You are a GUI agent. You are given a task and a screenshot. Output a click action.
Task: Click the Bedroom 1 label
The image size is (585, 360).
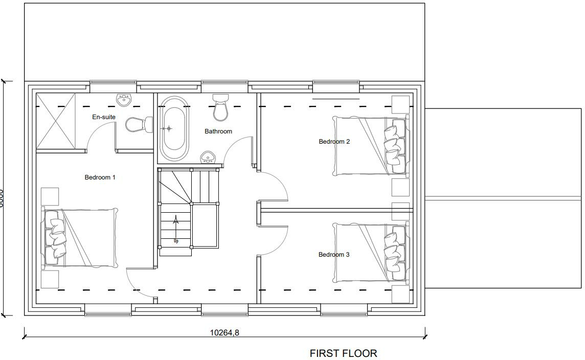(100, 177)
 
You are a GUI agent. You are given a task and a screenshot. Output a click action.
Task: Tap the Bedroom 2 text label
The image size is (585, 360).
(334, 142)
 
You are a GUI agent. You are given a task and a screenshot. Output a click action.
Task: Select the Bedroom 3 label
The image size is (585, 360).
(334, 255)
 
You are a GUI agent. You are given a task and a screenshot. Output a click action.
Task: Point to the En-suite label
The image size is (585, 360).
(104, 117)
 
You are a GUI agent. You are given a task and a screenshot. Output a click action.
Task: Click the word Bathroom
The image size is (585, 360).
(218, 131)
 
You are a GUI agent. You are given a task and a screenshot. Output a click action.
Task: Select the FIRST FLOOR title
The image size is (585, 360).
(343, 353)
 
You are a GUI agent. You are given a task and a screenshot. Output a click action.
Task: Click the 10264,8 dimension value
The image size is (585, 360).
(224, 332)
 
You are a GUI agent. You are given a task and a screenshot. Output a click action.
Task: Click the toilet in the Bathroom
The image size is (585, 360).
(221, 106)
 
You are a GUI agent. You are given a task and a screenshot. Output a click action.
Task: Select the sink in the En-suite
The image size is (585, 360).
(124, 100)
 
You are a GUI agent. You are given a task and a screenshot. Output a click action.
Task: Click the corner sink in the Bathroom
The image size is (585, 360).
(207, 157)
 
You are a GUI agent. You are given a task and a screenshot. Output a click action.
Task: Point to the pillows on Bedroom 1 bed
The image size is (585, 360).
(56, 238)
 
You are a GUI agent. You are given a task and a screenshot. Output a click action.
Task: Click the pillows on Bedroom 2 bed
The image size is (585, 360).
(393, 146)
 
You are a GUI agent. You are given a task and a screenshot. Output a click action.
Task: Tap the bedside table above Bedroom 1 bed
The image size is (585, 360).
(50, 197)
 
